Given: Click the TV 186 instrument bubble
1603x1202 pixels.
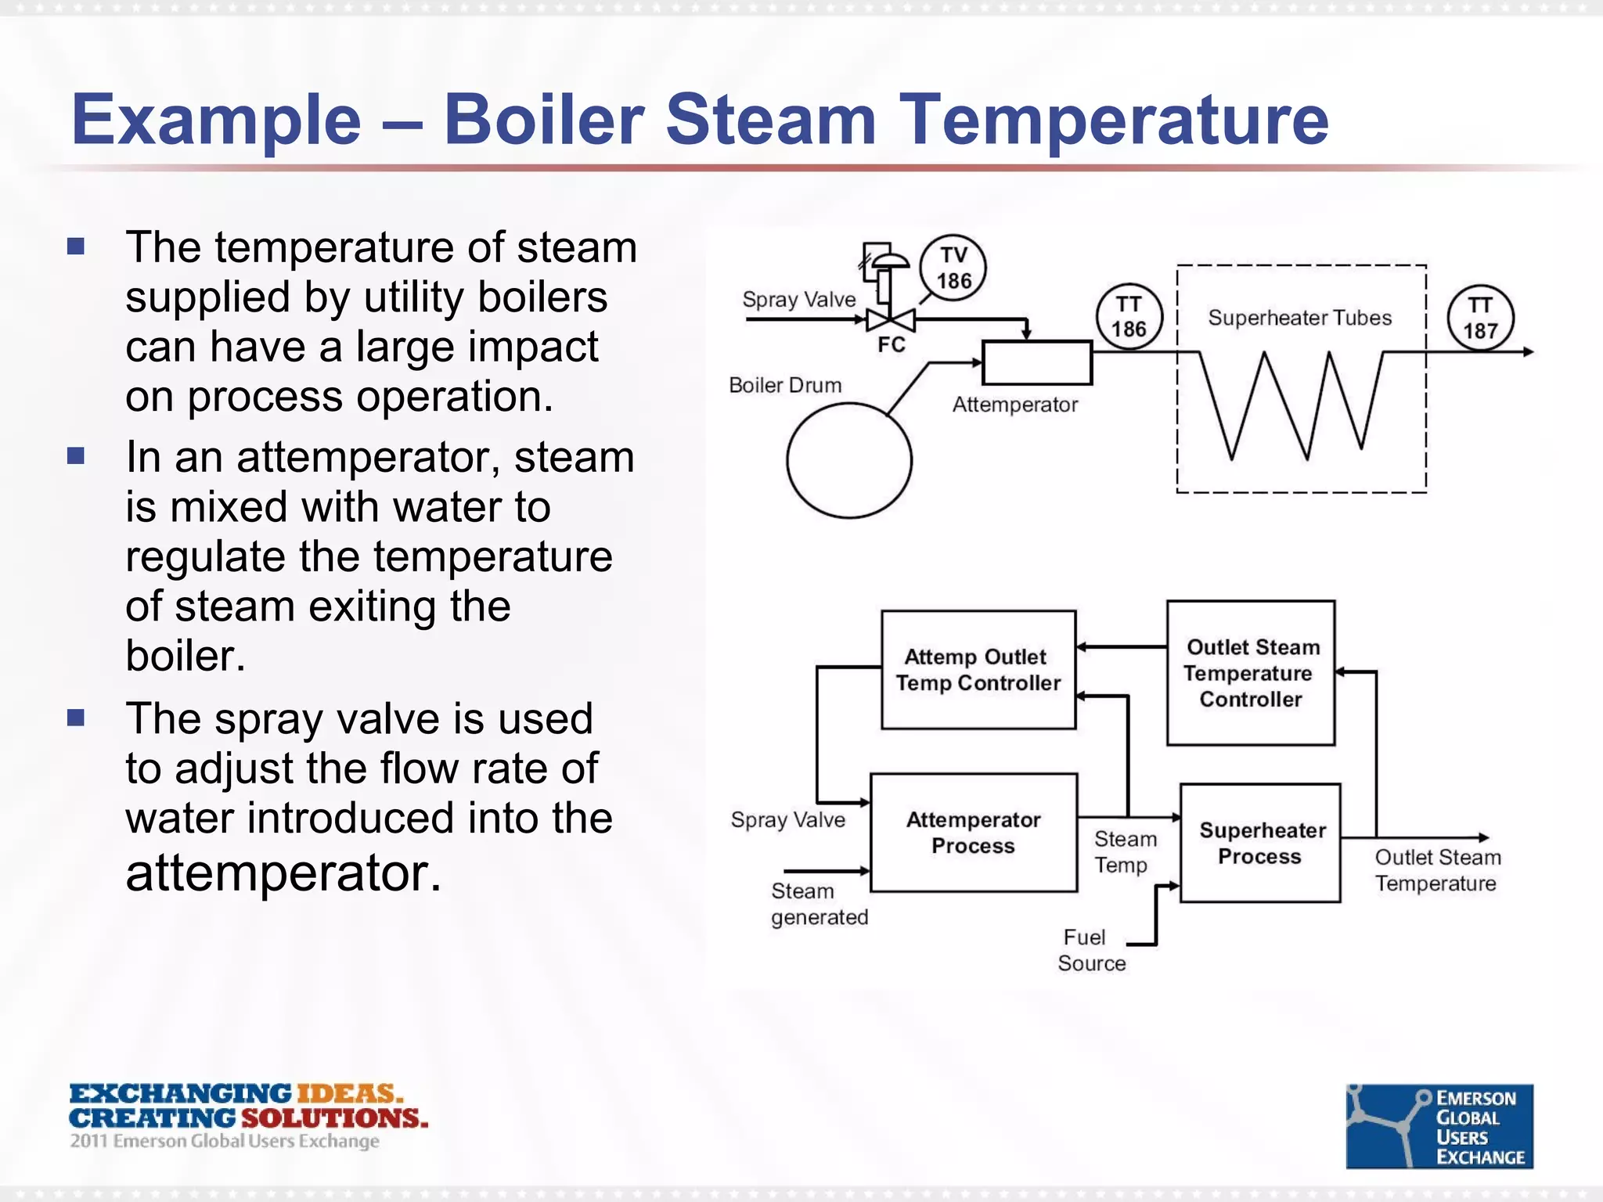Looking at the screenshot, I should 953,268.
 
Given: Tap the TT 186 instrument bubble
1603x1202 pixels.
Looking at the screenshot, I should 1128,316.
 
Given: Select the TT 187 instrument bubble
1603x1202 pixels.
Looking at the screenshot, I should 1479,318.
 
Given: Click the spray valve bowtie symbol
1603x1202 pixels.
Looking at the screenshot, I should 890,319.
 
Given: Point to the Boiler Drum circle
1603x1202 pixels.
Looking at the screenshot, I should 849,460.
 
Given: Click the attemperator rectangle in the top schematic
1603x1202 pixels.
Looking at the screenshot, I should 1036,362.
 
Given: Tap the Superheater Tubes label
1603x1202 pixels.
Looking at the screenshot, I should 1299,318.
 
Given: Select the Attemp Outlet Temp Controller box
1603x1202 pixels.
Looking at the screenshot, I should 978,670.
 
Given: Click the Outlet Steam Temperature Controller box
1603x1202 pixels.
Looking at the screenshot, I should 1251,673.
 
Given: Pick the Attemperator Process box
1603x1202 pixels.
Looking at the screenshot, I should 974,833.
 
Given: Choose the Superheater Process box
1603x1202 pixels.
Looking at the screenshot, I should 1260,843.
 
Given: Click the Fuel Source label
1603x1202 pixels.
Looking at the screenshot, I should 1090,950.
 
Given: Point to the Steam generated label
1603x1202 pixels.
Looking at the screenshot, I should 819,904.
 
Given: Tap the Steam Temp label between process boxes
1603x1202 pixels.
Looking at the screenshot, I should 1124,851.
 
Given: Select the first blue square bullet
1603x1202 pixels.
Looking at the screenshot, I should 76,247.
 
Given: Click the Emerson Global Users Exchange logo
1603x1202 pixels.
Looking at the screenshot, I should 1439,1126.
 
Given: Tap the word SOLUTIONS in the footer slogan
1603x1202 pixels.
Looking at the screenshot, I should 334,1117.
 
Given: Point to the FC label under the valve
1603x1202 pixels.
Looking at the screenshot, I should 891,345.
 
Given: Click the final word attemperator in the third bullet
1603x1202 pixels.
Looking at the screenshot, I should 283,873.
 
